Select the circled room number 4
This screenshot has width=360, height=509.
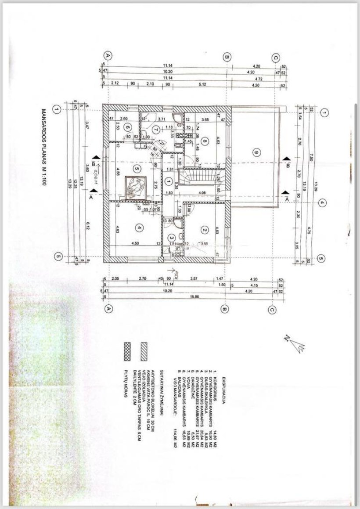pyautogui.click(x=139, y=228)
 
